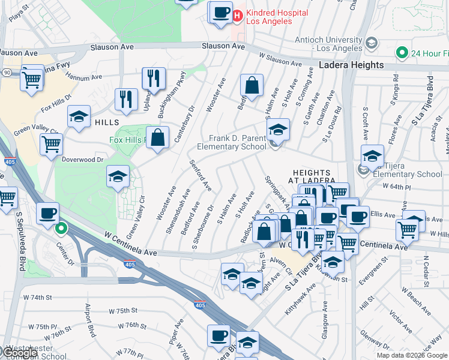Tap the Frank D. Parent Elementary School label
(237, 142)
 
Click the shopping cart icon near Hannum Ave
(32, 79)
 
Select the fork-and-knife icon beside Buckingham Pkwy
(154, 79)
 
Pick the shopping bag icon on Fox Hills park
(157, 138)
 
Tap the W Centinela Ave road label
(130, 245)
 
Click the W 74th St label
(38, 297)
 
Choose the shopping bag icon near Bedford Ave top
(252, 86)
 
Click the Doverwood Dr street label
(83, 160)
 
